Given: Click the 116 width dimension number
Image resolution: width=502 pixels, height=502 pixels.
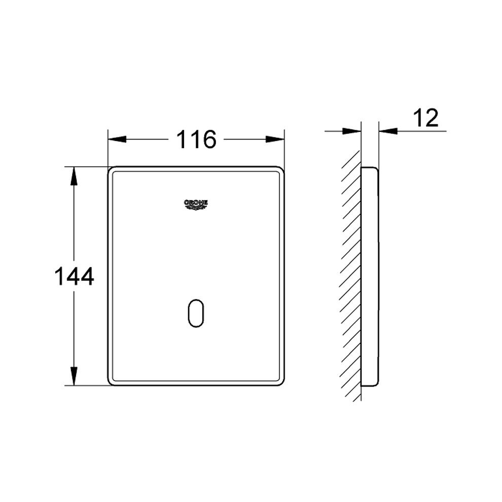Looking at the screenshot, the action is (x=196, y=139).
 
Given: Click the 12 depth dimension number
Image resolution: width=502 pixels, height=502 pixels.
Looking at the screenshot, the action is (x=426, y=118).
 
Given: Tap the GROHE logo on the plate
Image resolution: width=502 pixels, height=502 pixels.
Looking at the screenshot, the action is (x=196, y=205).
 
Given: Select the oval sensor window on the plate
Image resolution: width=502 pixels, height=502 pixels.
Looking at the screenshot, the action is (x=196, y=313).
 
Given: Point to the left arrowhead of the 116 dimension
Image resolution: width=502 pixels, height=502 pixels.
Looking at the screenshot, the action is (x=117, y=139).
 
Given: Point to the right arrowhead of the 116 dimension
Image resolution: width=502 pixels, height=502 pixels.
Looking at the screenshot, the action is (x=275, y=139).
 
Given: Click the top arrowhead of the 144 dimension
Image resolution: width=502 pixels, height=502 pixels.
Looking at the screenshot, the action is (x=74, y=176).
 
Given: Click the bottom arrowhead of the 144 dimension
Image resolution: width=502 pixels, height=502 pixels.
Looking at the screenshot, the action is (x=74, y=376).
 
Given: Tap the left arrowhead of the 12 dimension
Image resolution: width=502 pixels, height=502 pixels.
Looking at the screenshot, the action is (x=352, y=131).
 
